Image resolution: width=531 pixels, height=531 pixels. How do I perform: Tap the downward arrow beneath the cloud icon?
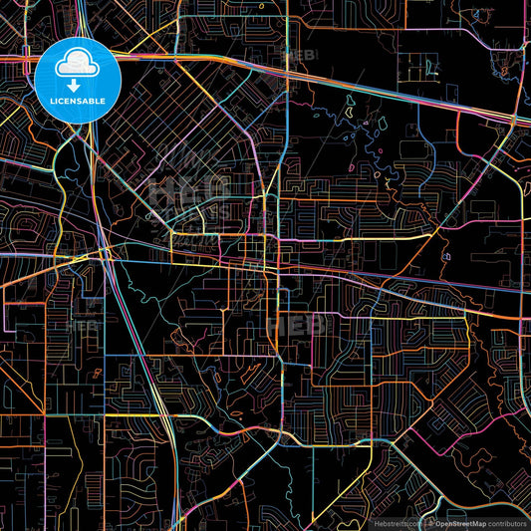(78, 83)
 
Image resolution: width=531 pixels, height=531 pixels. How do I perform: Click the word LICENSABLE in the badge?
(78, 101)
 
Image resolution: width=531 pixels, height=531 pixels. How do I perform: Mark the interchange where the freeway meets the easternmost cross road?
(520, 120)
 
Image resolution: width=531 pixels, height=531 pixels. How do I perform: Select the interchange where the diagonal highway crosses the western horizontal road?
(104, 253)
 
